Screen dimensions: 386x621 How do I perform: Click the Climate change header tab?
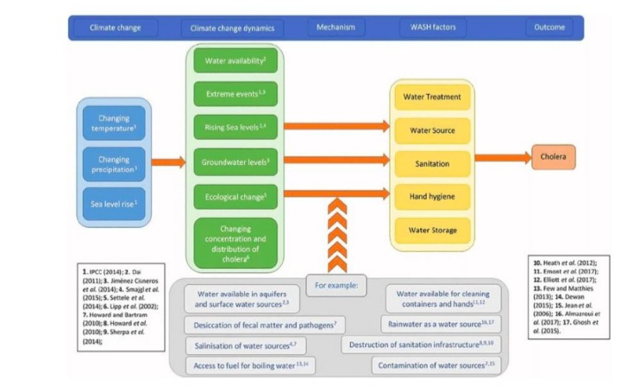click(x=114, y=28)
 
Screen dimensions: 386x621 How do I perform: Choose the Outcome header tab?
click(x=545, y=28)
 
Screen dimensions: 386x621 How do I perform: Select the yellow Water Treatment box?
click(x=431, y=98)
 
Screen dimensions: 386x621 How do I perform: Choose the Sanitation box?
click(x=431, y=162)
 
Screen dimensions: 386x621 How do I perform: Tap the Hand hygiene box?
click(x=431, y=196)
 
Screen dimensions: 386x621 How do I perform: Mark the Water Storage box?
click(x=431, y=231)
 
